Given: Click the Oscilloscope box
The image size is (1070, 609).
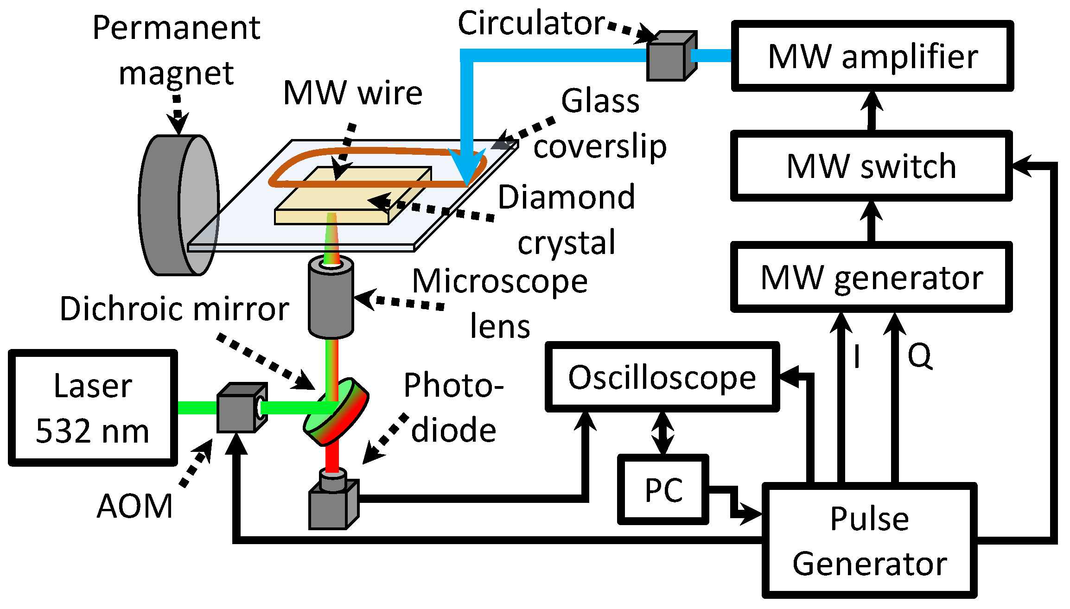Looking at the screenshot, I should (662, 377).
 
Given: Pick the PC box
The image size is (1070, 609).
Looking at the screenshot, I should (663, 489).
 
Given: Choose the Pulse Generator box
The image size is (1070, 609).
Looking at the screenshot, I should (869, 540).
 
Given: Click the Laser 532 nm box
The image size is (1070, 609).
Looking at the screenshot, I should (93, 408).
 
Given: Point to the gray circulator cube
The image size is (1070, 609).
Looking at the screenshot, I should (670, 57).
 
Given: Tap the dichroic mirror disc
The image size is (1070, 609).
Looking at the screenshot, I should (337, 412).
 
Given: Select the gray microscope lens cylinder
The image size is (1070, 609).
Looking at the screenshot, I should (331, 299).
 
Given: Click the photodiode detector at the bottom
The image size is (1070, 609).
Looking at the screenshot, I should (331, 503).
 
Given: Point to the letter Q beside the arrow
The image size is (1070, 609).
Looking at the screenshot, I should (919, 356).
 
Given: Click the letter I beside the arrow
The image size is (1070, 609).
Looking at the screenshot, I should (857, 356).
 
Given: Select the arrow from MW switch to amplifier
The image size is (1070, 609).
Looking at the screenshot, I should (872, 110).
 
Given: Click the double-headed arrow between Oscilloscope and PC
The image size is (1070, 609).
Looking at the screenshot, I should (663, 433).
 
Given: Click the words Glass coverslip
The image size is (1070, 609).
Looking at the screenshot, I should (600, 124).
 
